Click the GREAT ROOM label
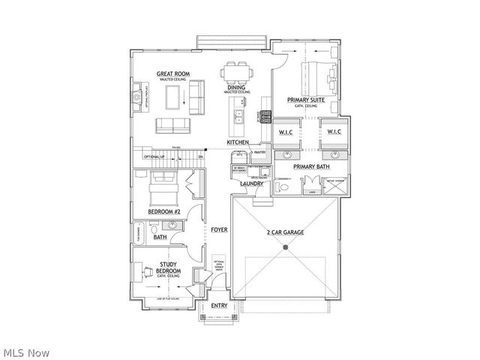(172, 73)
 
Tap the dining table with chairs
(236, 73)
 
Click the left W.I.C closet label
(285, 133)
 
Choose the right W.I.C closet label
(333, 133)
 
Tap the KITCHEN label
(239, 142)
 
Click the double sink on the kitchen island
(238, 116)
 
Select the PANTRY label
(259, 152)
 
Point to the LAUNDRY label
(250, 182)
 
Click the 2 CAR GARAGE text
(285, 233)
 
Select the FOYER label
(219, 229)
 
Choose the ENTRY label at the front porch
(219, 305)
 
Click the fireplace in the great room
(136, 97)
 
